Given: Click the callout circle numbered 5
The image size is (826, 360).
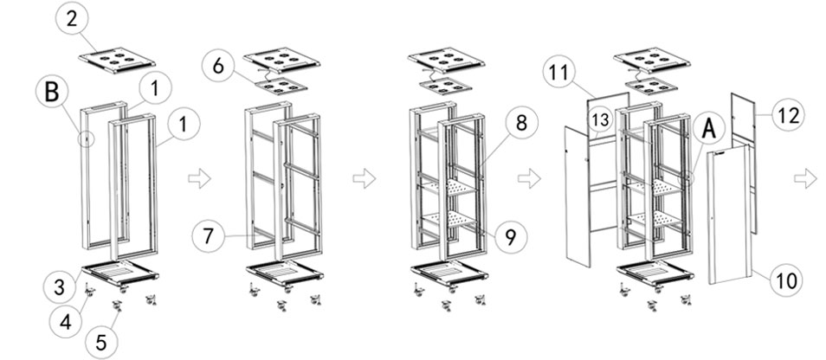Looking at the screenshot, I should click(101, 342).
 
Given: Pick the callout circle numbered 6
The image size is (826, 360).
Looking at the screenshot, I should click(218, 65).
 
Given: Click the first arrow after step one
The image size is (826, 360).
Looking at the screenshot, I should click(199, 179).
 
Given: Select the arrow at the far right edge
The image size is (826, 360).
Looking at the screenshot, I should click(805, 179).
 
